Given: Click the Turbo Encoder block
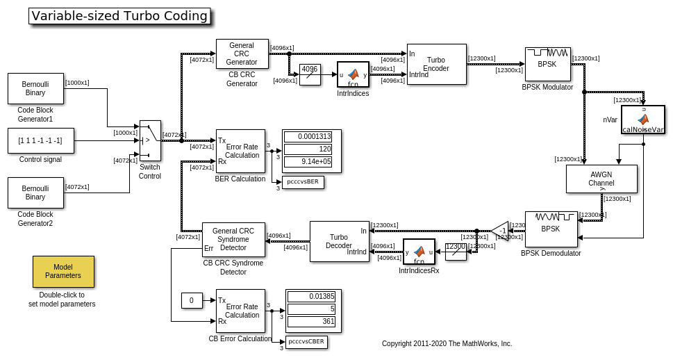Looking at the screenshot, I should [436, 64].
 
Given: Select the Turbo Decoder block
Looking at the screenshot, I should [339, 241].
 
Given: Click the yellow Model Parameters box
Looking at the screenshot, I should [63, 271].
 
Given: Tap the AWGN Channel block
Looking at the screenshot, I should [601, 179].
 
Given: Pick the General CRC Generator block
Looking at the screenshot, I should [242, 54].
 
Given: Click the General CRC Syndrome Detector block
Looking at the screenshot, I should [233, 239].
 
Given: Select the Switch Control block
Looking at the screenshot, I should [150, 140].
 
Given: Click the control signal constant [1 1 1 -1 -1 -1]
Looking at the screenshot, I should [40, 140].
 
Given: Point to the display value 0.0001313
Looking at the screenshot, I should [308, 136].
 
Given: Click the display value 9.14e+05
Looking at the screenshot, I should [308, 161].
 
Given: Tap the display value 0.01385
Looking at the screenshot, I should [311, 296].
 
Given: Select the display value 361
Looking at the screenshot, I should [311, 321].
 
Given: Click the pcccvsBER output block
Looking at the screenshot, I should [303, 182].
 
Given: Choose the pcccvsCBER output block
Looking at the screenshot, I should [306, 341].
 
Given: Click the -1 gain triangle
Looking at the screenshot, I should [501, 230].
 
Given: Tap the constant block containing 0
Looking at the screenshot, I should [192, 300].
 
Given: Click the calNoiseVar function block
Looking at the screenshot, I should [643, 120].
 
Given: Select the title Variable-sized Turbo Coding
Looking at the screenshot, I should [119, 16].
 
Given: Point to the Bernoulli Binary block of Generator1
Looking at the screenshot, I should [35, 88].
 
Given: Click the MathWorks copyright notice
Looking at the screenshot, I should [447, 343].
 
